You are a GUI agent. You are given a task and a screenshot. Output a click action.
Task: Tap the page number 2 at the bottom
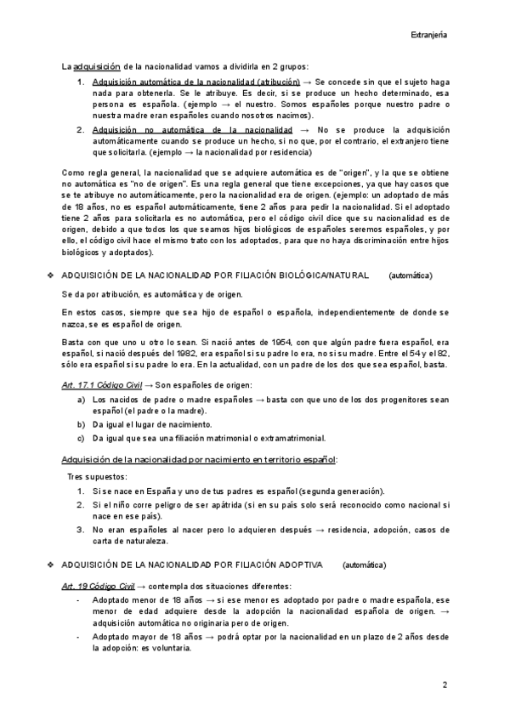point(445,684)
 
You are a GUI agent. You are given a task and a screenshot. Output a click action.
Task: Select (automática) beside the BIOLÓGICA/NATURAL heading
point(411,276)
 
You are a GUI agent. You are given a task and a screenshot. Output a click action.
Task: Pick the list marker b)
point(81,423)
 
